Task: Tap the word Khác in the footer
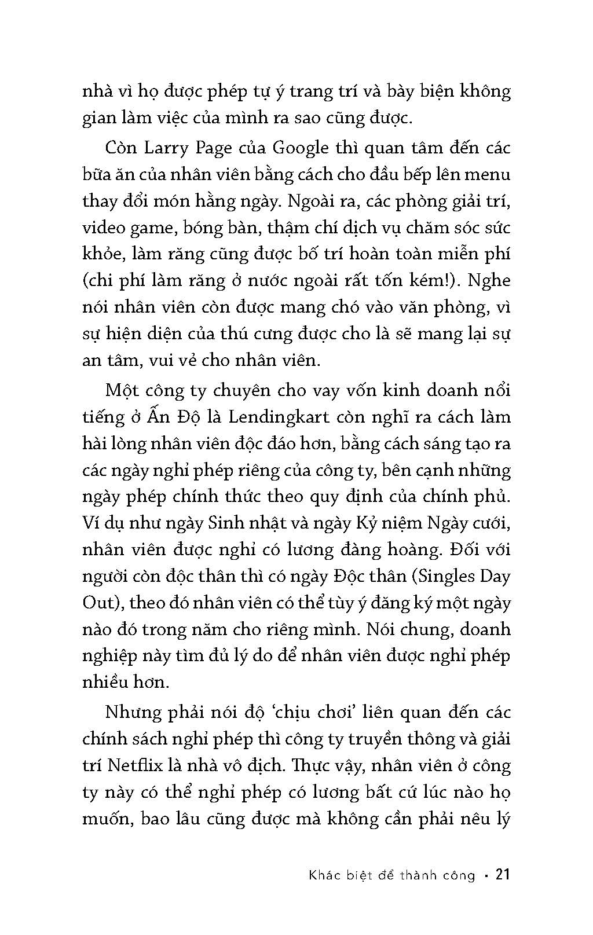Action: pyautogui.click(x=324, y=875)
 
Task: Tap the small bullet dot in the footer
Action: pyautogui.click(x=486, y=875)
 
